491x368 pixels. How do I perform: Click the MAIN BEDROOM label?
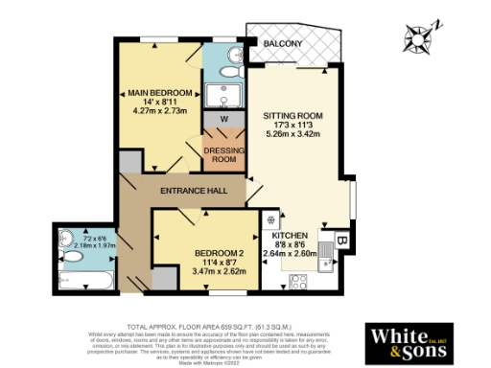pyautogui.click(x=160, y=93)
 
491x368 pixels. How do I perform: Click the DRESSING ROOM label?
pyautogui.click(x=222, y=153)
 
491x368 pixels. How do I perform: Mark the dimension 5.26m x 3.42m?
pyautogui.click(x=293, y=133)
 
